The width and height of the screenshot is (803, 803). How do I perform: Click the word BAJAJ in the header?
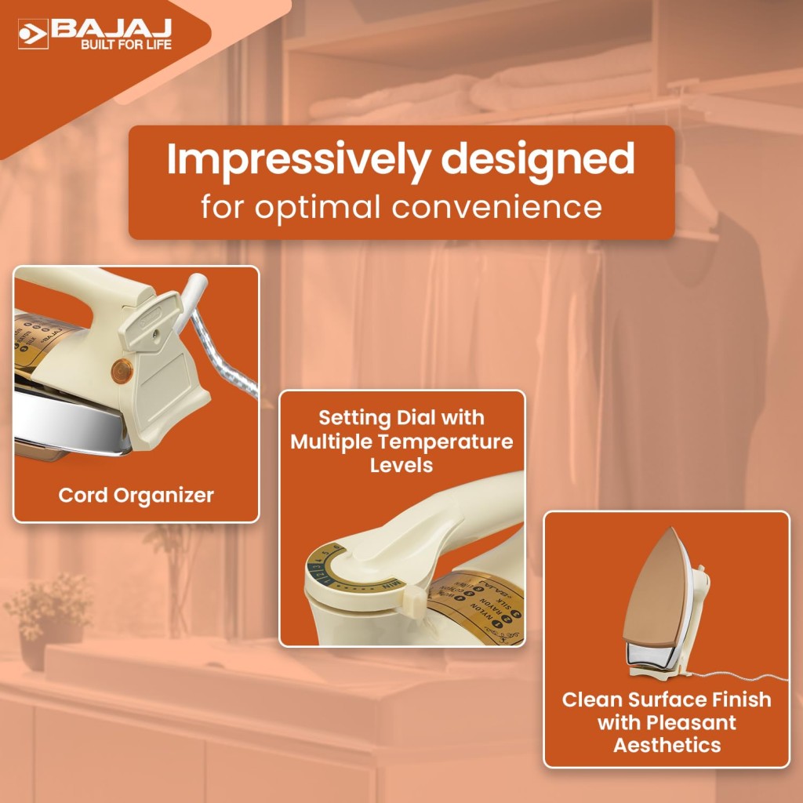pos(111,27)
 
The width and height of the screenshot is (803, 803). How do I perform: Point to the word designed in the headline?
pos(537,159)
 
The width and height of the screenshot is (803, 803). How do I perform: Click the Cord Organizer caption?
pos(136,496)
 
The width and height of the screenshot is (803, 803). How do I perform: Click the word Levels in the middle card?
pos(401,465)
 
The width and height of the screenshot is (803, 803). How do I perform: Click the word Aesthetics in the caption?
pos(667,744)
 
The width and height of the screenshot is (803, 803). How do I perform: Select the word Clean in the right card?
pos(592,699)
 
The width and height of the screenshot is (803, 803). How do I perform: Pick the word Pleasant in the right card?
pos(689,721)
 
